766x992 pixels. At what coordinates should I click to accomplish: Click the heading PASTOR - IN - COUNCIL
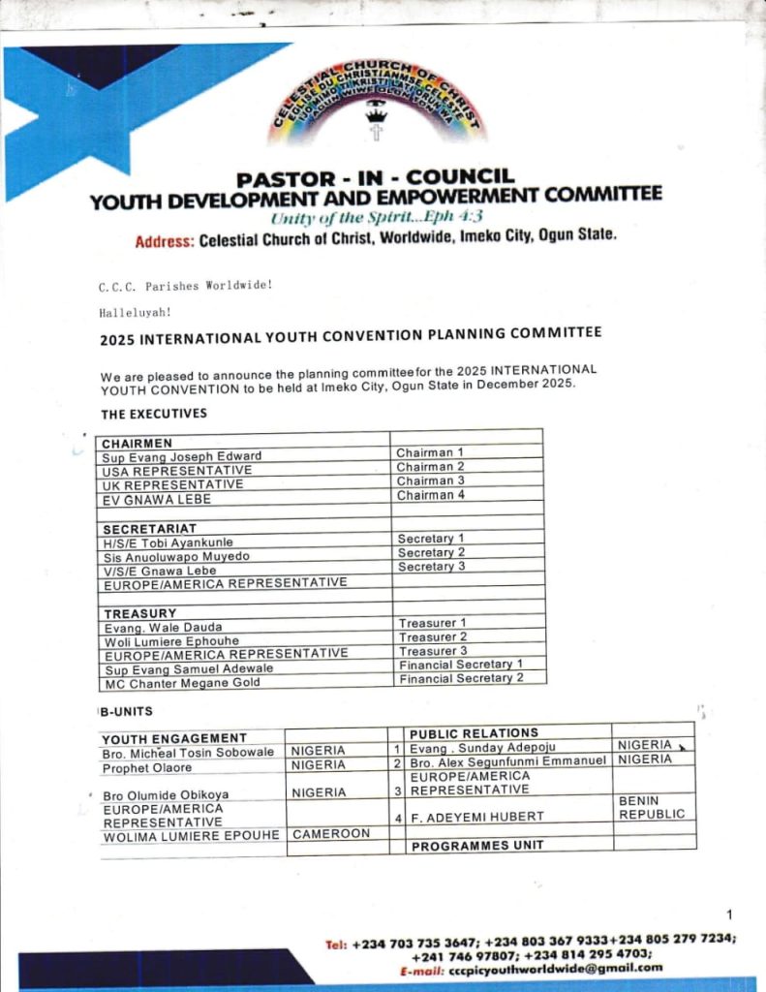(376, 177)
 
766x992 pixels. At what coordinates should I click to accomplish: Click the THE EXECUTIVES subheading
(154, 414)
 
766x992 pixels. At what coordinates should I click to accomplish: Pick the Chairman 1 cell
(430, 452)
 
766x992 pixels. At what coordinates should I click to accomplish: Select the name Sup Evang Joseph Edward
(182, 455)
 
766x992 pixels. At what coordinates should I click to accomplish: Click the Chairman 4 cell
(430, 495)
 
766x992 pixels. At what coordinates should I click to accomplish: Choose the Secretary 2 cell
(431, 552)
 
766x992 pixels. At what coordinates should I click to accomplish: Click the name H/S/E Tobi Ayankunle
(168, 542)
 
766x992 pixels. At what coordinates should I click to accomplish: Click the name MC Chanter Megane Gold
(182, 682)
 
